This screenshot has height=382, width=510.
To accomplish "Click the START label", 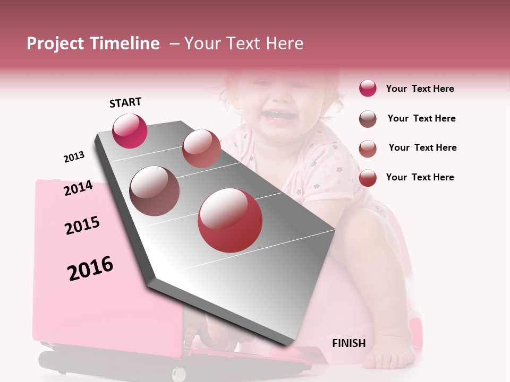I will [x=125, y=102].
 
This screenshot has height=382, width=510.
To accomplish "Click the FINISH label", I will [x=348, y=343].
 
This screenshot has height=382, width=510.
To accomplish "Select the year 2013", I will [x=74, y=157].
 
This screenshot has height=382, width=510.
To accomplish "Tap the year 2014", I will [x=78, y=188].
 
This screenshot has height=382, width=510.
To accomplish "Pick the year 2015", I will [x=82, y=225].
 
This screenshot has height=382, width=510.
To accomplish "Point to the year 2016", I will [x=90, y=268].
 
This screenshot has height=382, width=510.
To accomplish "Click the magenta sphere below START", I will [x=130, y=131].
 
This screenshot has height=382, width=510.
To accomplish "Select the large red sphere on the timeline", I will [x=230, y=220].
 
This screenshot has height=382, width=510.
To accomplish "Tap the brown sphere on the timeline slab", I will [x=154, y=190].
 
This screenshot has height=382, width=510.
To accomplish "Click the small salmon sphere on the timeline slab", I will [x=201, y=148].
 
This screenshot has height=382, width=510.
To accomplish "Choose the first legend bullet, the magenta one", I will [x=368, y=88].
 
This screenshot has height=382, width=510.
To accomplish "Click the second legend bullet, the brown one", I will [x=368, y=118].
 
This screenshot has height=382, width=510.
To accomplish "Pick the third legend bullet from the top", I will [x=368, y=148].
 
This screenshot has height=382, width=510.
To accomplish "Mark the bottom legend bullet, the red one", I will [x=368, y=178].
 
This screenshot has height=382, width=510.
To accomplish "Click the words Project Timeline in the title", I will [x=93, y=44].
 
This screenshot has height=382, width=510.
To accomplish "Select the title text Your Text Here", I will [x=243, y=44].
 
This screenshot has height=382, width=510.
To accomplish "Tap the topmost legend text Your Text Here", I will [x=420, y=89].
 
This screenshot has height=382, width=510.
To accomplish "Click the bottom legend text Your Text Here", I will [x=420, y=177].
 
